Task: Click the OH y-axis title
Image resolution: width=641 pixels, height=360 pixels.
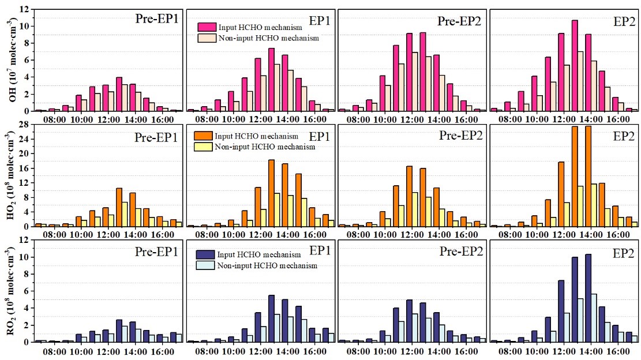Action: pos(12,60)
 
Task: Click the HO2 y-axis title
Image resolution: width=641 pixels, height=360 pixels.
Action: pos(12,175)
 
